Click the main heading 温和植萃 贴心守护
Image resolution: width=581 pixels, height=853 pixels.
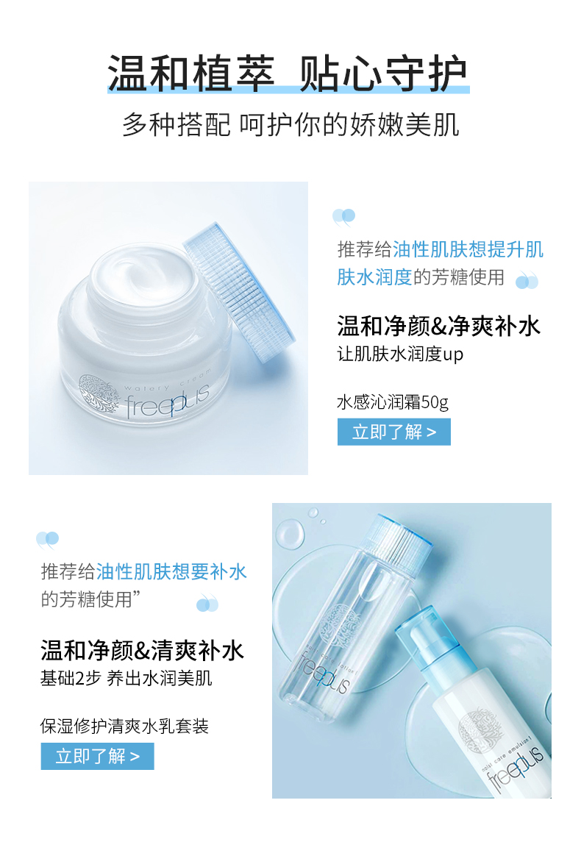click(x=288, y=74)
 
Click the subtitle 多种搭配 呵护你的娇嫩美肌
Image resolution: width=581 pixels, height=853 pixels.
click(x=290, y=124)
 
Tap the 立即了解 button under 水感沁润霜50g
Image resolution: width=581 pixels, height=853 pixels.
click(x=394, y=432)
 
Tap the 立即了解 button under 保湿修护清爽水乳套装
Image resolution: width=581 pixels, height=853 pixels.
click(x=97, y=756)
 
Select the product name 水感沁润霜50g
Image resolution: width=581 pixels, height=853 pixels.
click(x=393, y=402)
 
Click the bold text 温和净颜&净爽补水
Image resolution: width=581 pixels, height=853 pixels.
click(x=438, y=326)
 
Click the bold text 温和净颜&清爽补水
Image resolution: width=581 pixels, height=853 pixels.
click(x=143, y=650)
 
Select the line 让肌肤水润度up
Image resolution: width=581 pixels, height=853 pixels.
click(x=400, y=354)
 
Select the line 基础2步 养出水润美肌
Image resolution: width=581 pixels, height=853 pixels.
click(x=126, y=679)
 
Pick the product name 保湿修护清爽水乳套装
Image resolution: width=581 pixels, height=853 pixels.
click(x=124, y=727)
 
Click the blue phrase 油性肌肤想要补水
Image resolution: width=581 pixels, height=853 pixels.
click(x=171, y=572)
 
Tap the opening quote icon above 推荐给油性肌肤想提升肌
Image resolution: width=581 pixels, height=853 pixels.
click(x=343, y=217)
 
